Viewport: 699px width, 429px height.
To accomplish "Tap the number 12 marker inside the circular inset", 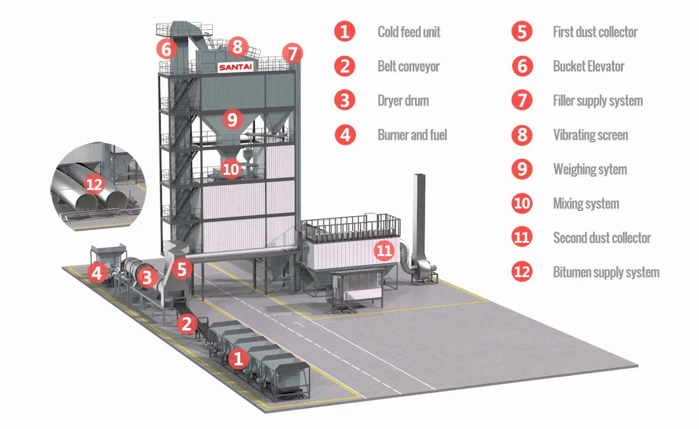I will [94, 184].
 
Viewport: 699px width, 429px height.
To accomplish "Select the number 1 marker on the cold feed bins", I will [238, 359].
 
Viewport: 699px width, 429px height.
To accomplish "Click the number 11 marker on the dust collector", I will [384, 250].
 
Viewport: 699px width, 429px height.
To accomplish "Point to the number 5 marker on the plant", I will [182, 268].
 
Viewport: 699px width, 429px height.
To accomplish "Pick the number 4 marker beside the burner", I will [97, 273].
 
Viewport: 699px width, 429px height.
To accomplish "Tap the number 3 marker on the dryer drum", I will [147, 277].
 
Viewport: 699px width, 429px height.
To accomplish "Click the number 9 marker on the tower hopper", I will [232, 118].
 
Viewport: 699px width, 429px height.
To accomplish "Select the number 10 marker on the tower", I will [231, 169].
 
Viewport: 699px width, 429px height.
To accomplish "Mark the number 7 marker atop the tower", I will [292, 53].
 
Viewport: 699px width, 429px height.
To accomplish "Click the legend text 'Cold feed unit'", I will [409, 32].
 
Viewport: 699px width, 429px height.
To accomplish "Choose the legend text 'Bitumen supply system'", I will [606, 272].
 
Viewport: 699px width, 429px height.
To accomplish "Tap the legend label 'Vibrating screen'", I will [590, 135].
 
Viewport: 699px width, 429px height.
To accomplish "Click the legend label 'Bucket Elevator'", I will [588, 66].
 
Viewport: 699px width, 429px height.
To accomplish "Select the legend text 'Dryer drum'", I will [403, 100].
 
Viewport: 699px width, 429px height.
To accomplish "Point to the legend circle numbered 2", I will [345, 66].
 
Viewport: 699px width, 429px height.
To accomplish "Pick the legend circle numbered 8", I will [522, 135].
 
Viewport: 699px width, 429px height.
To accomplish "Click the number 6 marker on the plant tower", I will [166, 48].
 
